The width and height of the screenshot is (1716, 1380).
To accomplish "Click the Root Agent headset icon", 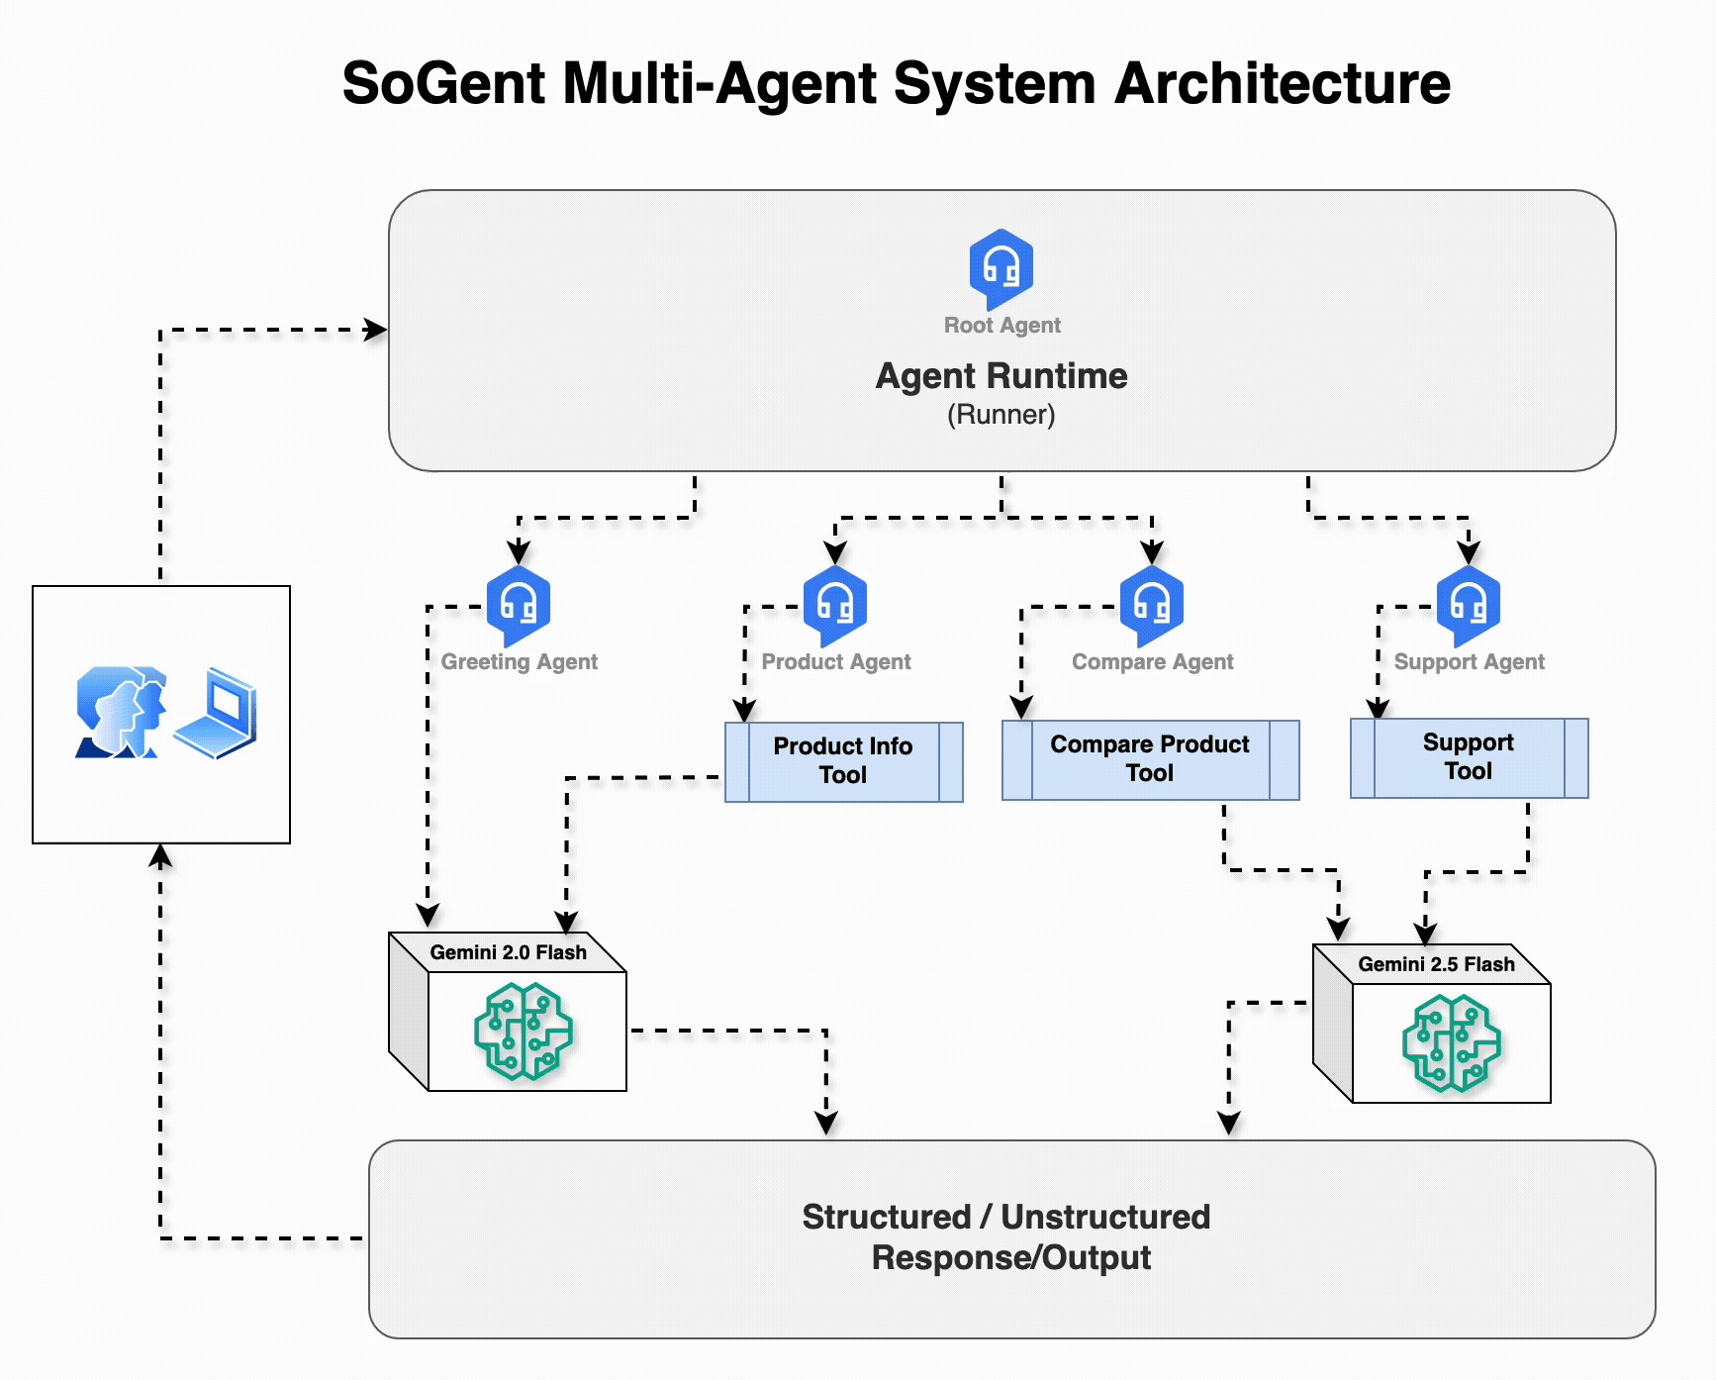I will click(x=1001, y=267).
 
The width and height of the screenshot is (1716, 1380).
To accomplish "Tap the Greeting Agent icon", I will click(x=519, y=604).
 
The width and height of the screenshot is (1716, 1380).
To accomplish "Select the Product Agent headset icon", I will click(x=835, y=604).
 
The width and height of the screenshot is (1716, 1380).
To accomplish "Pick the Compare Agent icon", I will click(x=1152, y=604).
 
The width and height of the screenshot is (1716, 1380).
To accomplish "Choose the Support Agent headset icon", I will click(x=1469, y=604).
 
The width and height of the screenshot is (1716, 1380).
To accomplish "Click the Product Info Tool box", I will click(x=843, y=761).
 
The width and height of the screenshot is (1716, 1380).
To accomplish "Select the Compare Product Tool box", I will click(x=1150, y=759).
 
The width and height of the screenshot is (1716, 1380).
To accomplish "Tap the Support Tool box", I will click(x=1469, y=757).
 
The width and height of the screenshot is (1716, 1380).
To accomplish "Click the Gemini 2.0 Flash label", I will click(x=508, y=952).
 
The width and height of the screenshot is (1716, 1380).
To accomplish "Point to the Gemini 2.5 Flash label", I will click(x=1436, y=964).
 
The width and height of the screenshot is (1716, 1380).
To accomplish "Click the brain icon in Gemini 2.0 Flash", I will click(x=524, y=1031).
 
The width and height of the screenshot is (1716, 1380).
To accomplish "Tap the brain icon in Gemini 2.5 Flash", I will click(x=1452, y=1042).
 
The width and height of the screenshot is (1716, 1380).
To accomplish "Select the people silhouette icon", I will click(x=121, y=713).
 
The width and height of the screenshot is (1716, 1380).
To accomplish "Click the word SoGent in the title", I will click(x=442, y=83).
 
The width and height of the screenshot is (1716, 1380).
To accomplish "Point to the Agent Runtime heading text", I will click(x=1001, y=376).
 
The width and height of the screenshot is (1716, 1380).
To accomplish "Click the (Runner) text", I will click(x=1001, y=415).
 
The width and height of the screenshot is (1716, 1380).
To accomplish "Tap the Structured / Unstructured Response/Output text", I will click(x=1007, y=1237).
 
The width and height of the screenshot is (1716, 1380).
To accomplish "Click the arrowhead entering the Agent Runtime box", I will click(x=376, y=330).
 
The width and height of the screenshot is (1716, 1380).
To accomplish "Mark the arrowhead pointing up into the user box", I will click(x=160, y=855).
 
